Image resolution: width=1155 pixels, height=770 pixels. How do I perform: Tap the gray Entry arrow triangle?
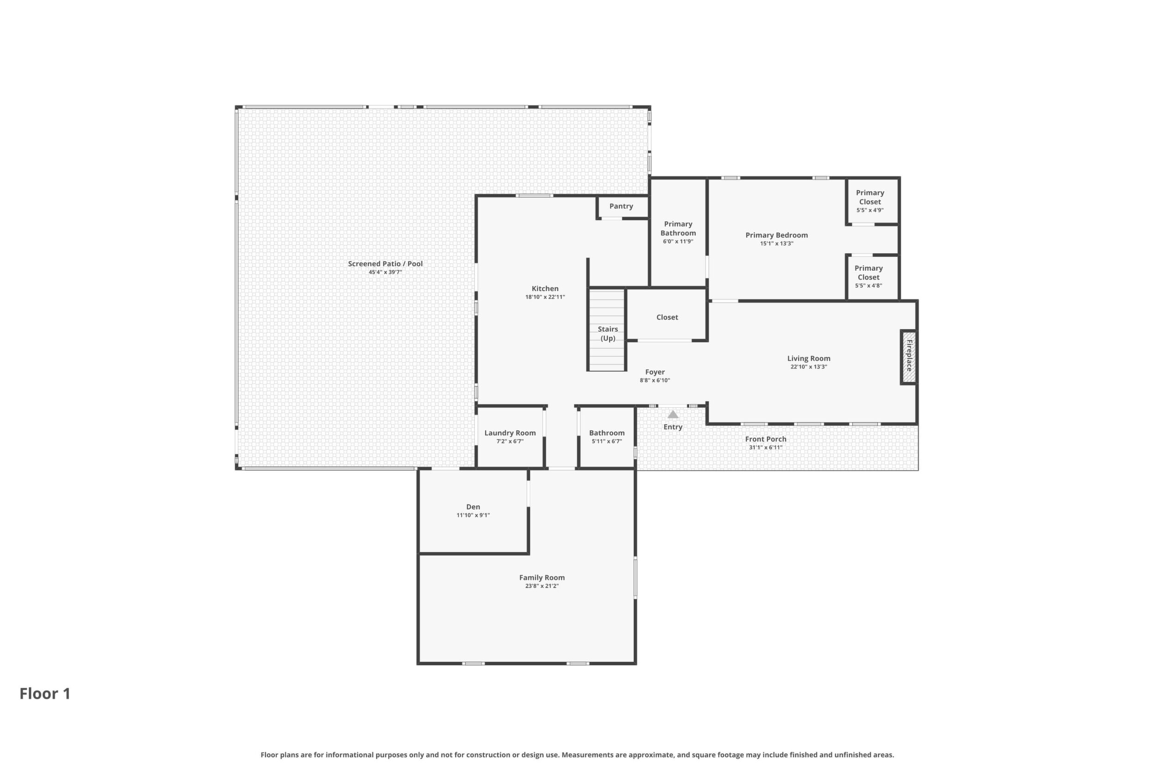[673, 415]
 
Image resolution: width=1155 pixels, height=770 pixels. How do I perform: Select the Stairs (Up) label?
[608, 334]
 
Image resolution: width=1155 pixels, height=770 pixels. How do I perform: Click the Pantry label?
[621, 206]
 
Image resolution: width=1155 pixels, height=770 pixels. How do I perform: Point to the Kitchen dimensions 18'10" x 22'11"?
[545, 297]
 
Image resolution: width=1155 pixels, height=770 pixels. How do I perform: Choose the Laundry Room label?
[510, 433]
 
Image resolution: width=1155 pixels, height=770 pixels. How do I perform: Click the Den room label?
[473, 507]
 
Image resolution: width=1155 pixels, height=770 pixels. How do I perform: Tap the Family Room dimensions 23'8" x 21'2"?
[542, 586]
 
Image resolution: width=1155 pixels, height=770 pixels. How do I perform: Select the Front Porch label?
[765, 439]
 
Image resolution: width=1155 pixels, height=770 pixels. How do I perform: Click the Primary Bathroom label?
[678, 228]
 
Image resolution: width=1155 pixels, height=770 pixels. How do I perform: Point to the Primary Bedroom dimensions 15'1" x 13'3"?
[776, 243]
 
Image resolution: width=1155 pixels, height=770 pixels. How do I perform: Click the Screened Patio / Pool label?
[385, 264]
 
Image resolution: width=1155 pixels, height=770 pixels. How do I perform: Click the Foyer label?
[655, 372]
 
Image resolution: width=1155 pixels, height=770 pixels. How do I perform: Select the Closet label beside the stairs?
[667, 317]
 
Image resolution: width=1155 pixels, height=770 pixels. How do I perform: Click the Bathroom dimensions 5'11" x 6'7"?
[607, 441]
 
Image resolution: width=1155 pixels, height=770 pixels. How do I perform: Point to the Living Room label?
[808, 359]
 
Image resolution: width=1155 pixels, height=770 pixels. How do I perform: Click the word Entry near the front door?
[673, 427]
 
